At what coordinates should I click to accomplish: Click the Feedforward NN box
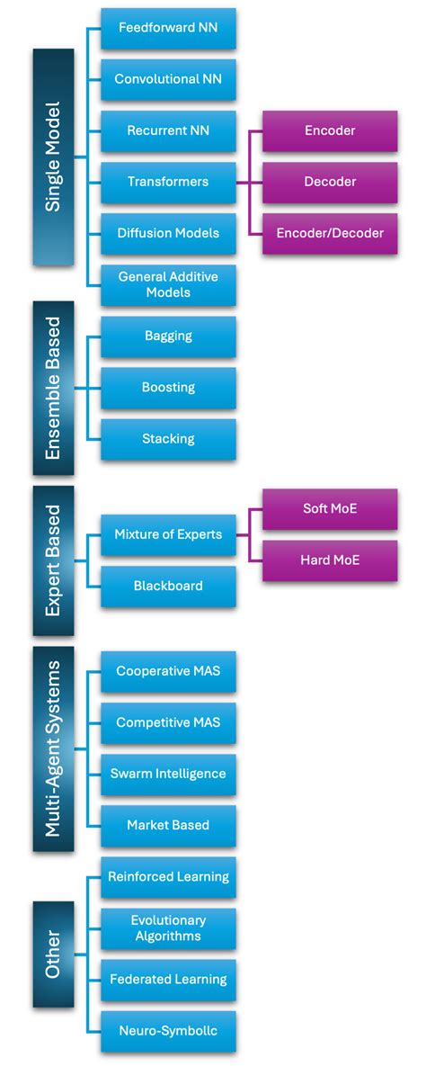pos(168,28)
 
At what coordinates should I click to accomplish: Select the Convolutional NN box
pos(168,79)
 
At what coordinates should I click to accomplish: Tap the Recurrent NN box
pos(168,130)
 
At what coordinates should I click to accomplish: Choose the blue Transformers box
pos(168,182)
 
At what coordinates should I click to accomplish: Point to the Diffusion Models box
pos(168,233)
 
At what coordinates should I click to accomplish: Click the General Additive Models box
pos(168,284)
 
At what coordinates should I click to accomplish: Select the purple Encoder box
pos(330,130)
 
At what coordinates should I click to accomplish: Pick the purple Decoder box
pos(330,182)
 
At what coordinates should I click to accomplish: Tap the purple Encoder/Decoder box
pos(330,233)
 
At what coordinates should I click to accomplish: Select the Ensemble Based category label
pos(53,388)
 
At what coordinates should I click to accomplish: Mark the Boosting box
pos(168,388)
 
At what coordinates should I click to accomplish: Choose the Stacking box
pos(168,439)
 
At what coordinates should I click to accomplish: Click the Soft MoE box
pos(330,508)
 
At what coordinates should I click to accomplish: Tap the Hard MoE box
pos(330,560)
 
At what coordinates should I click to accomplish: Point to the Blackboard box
pos(168,586)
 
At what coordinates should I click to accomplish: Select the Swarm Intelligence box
pos(168,774)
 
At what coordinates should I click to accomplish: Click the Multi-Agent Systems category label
pos(53,748)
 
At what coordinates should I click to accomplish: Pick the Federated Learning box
pos(168,980)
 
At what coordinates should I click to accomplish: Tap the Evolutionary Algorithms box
pos(168,928)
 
